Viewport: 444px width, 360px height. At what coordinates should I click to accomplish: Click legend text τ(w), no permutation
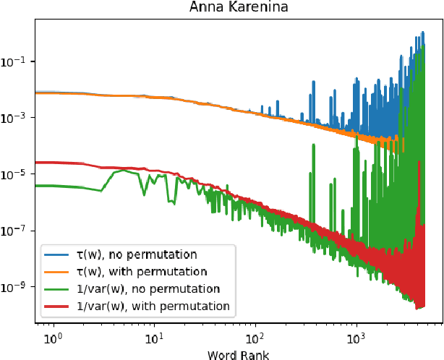click(x=136, y=254)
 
